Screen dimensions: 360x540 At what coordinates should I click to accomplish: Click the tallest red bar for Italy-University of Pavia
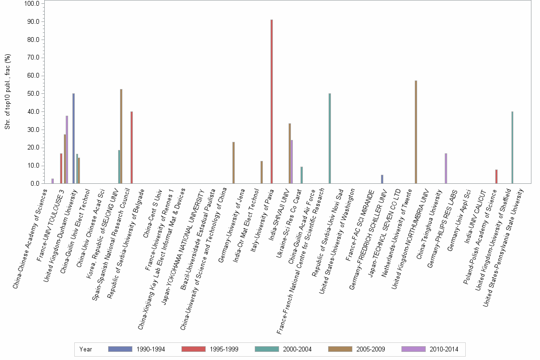pos(271,101)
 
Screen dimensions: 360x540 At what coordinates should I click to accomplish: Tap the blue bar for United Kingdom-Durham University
pos(73,139)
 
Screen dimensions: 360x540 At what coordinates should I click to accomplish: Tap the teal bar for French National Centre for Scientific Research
pos(330,139)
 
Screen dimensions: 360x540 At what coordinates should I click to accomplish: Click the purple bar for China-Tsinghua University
pos(446,168)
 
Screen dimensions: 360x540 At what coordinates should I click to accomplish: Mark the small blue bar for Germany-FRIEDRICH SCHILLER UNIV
pos(382,179)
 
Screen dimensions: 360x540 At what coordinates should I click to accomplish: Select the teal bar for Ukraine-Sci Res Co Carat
pos(301,175)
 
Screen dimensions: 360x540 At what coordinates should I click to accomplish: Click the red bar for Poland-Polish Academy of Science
pos(496,176)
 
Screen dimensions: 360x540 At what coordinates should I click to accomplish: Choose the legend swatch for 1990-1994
pos(120,349)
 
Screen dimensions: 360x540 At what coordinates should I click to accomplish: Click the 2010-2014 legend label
pos(444,350)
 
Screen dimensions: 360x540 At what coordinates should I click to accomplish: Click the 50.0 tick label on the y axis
pos(33,94)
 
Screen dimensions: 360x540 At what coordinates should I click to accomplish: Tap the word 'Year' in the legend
pos(86,350)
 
